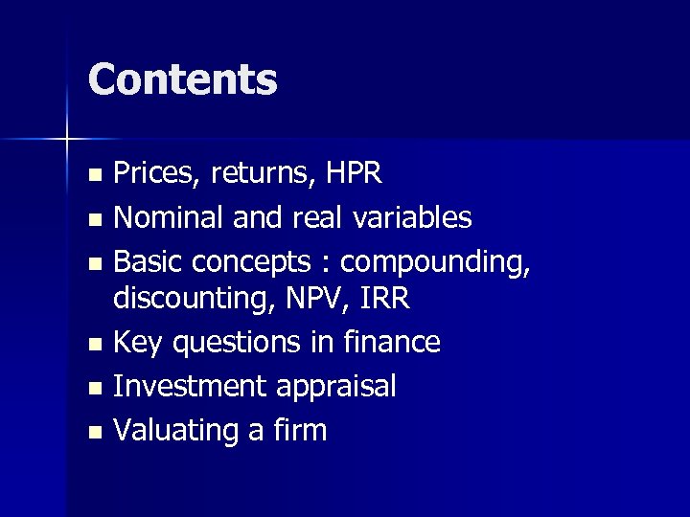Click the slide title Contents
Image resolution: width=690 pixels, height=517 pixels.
pyautogui.click(x=182, y=79)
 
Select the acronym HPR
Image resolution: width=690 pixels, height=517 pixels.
pyautogui.click(x=355, y=173)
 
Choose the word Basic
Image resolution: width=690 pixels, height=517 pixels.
pyautogui.click(x=145, y=261)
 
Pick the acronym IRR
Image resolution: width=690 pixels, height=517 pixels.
pyautogui.click(x=385, y=299)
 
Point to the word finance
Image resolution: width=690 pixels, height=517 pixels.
pyautogui.click(x=394, y=342)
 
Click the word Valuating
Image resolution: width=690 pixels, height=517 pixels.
pyautogui.click(x=172, y=431)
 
